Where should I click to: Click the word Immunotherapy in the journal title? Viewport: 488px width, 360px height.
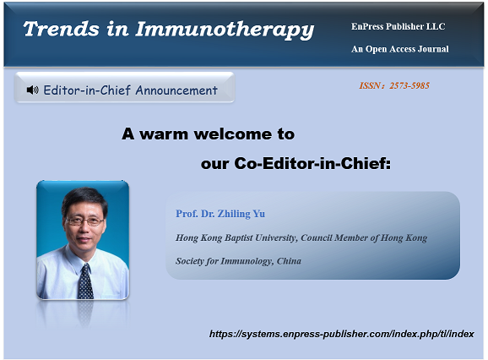(225, 30)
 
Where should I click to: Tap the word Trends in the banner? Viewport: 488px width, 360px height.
(62, 29)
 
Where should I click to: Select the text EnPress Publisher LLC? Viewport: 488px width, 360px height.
(398, 26)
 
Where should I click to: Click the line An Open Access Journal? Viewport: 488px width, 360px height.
(400, 49)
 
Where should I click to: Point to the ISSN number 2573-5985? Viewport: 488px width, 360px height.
(409, 85)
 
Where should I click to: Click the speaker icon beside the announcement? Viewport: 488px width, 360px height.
(32, 90)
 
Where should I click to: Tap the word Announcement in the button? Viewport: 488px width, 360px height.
(176, 90)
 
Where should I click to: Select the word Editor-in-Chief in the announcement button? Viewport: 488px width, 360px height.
(87, 90)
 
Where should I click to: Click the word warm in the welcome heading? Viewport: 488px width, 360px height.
(164, 134)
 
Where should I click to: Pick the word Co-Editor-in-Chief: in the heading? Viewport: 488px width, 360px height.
(312, 163)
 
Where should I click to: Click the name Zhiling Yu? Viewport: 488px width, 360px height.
(241, 214)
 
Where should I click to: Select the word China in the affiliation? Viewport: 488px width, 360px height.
(289, 260)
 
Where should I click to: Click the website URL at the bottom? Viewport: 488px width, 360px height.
(341, 334)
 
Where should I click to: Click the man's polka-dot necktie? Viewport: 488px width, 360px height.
(85, 282)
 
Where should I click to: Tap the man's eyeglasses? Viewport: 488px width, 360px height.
(84, 221)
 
